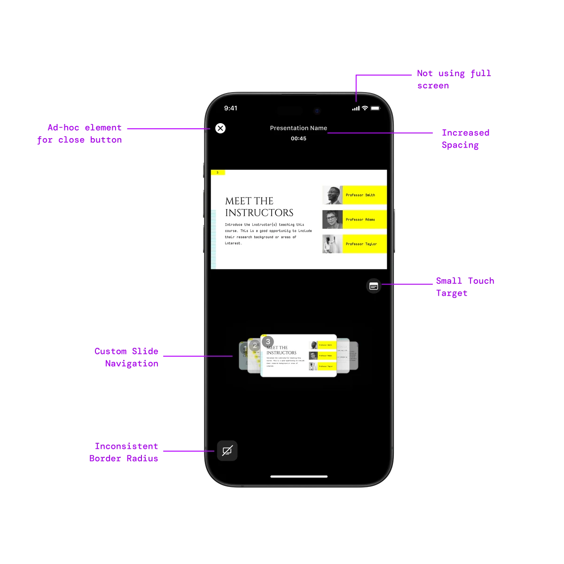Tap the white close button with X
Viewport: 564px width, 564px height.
coord(220,128)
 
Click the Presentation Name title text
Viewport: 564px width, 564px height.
coord(298,128)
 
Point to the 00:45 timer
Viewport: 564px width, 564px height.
coord(298,139)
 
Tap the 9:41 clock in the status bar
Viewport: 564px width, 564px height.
coord(231,108)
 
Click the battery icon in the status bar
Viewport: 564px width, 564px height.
coord(375,108)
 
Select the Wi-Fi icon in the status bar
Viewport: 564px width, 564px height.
coord(365,108)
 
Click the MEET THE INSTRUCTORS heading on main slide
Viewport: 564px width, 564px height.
coord(259,207)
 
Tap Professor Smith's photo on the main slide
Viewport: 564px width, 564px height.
coord(332,195)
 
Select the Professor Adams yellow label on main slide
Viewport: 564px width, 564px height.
coord(364,219)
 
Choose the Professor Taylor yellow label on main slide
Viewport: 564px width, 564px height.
coord(364,244)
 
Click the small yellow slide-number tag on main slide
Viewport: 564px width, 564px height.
coord(218,172)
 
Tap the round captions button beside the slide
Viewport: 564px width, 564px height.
coord(374,286)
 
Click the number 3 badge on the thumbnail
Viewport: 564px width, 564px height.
coord(267,342)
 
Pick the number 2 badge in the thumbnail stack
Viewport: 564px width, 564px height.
coord(255,346)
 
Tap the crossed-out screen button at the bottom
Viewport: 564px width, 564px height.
coord(227,451)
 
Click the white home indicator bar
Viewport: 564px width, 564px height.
coord(299,477)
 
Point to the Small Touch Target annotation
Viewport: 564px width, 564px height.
coord(465,287)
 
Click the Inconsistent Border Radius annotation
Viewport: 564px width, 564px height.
coord(124,452)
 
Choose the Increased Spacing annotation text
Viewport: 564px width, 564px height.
coord(465,139)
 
